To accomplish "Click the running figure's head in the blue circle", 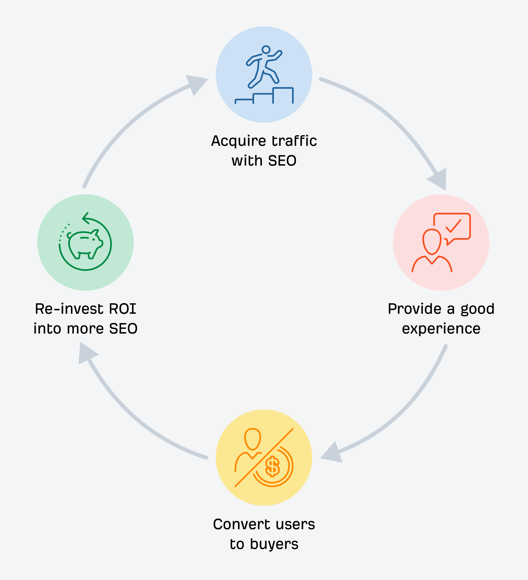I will tap(266, 50).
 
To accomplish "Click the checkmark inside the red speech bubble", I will tap(453, 226).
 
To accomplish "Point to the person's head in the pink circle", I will tap(432, 242).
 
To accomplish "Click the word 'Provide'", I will tap(414, 309).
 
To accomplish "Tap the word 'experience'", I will tap(441, 329).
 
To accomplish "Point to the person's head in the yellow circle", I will tap(252, 439).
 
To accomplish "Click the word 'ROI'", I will tap(122, 309).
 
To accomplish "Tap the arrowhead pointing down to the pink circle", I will tap(439, 180).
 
